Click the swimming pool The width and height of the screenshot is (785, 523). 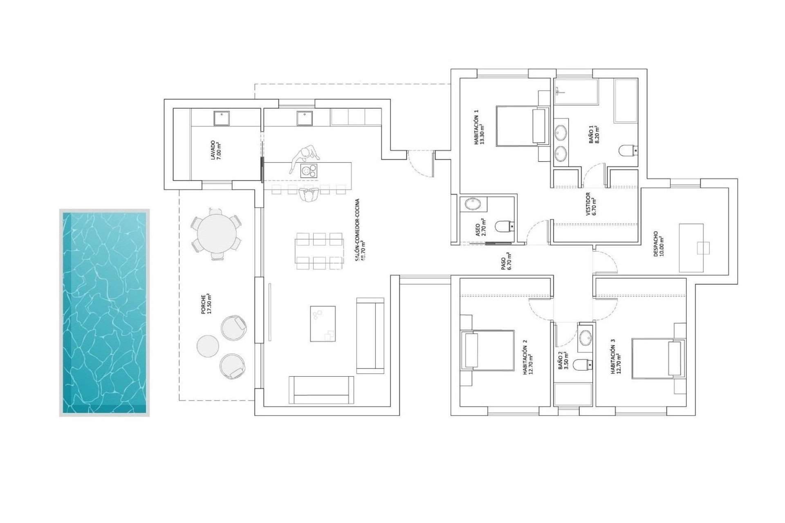(104, 313)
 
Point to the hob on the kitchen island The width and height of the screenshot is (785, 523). (309, 170)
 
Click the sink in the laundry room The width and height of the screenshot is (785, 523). (222, 118)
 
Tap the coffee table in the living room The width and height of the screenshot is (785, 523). (323, 324)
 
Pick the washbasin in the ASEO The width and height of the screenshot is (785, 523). (473, 204)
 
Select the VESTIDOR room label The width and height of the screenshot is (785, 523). (590, 204)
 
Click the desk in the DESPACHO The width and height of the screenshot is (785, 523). (691, 248)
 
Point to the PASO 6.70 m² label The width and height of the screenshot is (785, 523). (505, 262)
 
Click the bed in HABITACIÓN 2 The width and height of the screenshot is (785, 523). (487, 350)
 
